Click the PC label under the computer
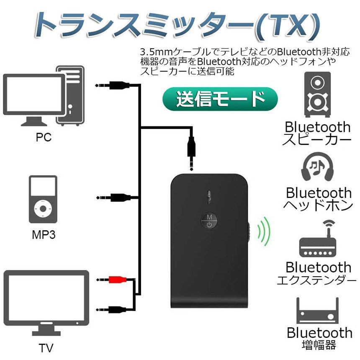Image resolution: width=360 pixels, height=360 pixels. [44, 137]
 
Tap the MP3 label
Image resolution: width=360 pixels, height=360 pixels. [44, 235]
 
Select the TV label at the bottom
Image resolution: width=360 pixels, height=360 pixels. [46, 348]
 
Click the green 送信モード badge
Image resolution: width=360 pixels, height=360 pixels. [220, 99]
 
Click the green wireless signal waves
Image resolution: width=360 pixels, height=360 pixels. [264, 231]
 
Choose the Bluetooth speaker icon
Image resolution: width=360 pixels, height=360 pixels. [318, 94]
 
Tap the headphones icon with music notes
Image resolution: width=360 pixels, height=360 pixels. [318, 166]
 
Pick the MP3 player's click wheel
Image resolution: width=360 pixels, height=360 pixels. [43, 209]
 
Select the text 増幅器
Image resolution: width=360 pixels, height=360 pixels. [319, 345]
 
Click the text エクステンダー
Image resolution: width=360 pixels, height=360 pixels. [316, 280]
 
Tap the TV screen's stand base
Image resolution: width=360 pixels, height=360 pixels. [46, 333]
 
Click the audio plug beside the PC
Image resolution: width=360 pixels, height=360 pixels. [113, 85]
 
